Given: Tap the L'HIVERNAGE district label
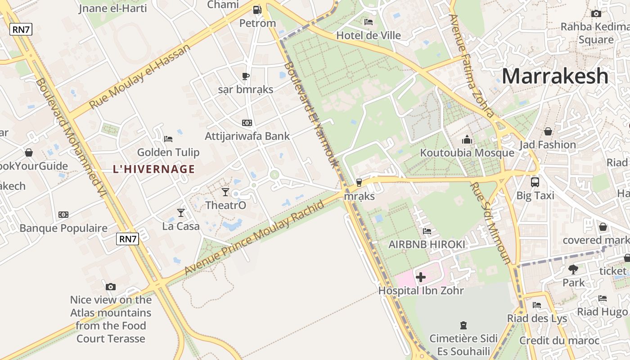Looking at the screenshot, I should [154, 169].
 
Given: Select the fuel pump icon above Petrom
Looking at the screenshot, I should [257, 9].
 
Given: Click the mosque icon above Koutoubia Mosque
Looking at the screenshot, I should [467, 139].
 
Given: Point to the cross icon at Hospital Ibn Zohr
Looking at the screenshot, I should [421, 277].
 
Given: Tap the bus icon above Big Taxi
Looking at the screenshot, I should [535, 182].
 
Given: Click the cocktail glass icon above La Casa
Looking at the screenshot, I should [181, 212].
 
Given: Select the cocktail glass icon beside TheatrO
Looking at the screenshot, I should [225, 192].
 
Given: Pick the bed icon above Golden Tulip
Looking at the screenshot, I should [168, 139].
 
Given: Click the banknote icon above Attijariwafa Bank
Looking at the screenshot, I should [247, 123].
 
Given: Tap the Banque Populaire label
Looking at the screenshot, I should [63, 228].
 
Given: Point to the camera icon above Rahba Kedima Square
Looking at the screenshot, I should [596, 13].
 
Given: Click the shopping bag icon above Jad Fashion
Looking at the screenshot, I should [548, 131].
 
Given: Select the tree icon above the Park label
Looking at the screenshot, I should [573, 270].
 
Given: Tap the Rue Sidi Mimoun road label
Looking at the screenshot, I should [490, 223].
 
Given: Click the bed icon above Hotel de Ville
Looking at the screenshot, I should [369, 22].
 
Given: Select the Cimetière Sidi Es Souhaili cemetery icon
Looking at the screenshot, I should [463, 325].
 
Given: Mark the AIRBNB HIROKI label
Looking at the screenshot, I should [427, 244].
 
